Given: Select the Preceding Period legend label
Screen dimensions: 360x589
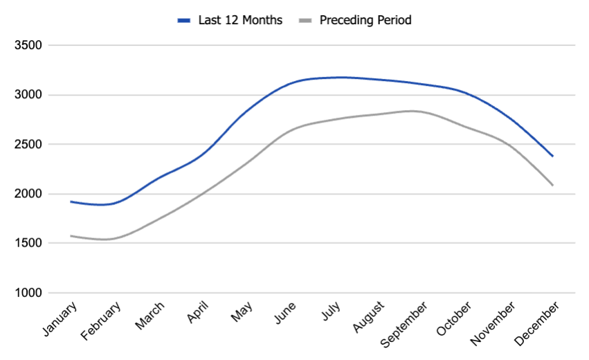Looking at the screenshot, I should [x=365, y=20].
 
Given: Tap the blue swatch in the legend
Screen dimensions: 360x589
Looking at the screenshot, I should [x=183, y=21].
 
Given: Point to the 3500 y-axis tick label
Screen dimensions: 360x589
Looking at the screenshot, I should [x=28, y=46].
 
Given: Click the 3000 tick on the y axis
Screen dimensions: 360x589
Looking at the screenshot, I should [x=28, y=95].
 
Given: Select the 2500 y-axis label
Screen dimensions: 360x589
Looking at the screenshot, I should [x=28, y=145].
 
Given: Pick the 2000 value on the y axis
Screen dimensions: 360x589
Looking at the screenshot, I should [x=28, y=194].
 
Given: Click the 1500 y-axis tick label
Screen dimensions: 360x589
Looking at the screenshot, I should [x=28, y=244].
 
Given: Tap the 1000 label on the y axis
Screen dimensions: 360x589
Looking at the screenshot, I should [x=28, y=293].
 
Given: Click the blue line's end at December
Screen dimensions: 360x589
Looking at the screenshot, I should [x=552, y=156].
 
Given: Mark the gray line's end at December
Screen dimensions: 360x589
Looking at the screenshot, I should [x=552, y=185].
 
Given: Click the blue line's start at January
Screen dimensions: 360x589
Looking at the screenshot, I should [x=71, y=201].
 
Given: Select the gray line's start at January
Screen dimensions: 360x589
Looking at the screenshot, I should [x=71, y=236].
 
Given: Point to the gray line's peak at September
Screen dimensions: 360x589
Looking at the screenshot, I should [x=413, y=111].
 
